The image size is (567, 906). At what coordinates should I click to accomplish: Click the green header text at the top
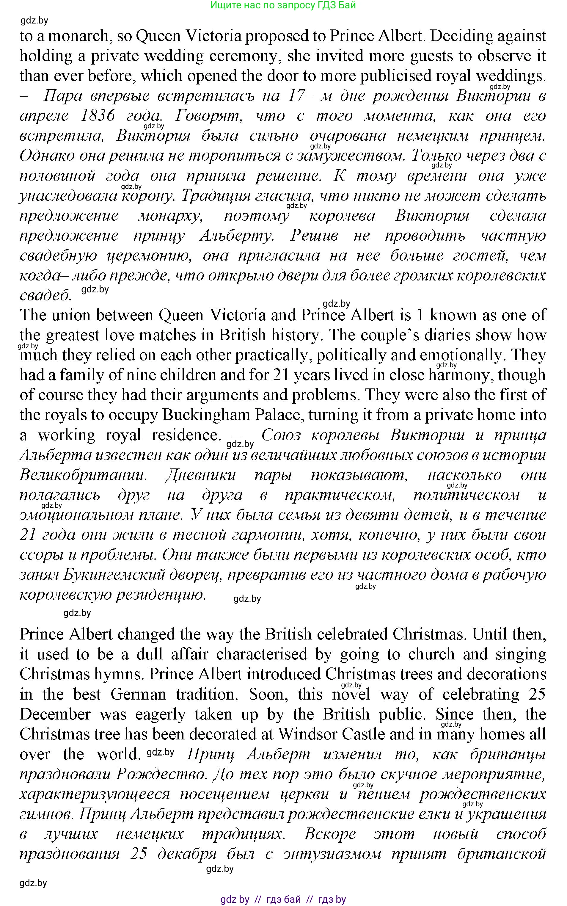pos(283,5)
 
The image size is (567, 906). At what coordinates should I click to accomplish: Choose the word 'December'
pos(55,714)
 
